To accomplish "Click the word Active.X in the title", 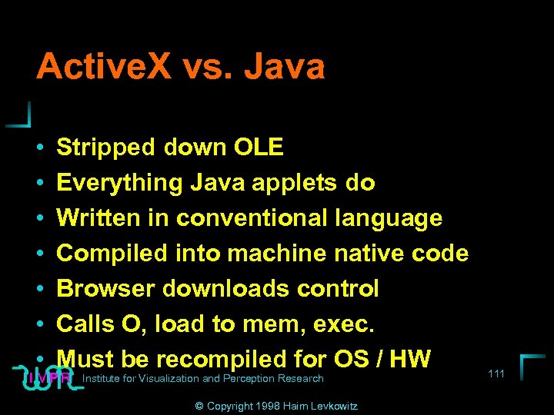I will click(105, 67).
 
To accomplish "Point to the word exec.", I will click(345, 324).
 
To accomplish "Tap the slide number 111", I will click(496, 373).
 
